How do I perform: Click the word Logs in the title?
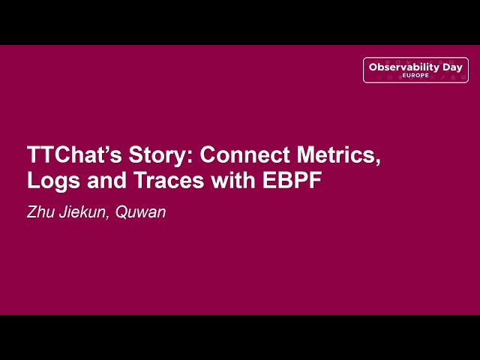click(x=52, y=181)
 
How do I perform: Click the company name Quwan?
click(x=143, y=212)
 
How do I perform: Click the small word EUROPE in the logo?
click(x=415, y=76)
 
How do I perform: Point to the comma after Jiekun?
click(x=112, y=217)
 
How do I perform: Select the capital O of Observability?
click(x=373, y=67)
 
